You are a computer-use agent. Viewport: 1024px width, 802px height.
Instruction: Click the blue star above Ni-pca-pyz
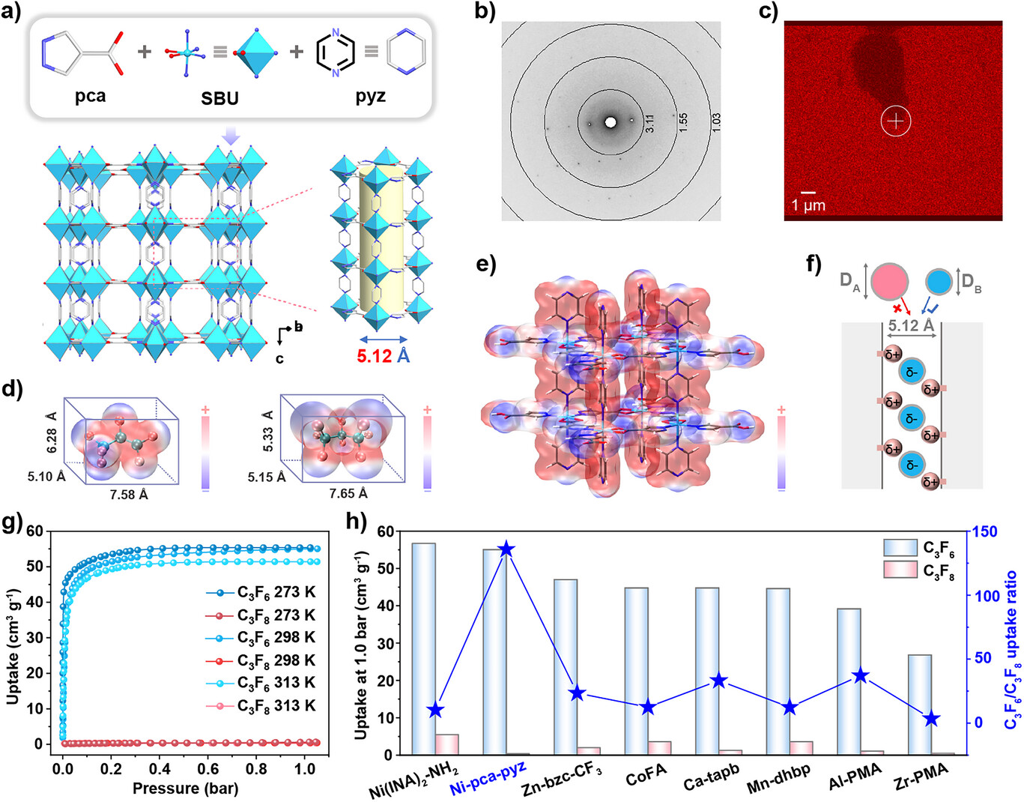pyautogui.click(x=506, y=549)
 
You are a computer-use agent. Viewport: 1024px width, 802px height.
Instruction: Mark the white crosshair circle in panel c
pyautogui.click(x=897, y=121)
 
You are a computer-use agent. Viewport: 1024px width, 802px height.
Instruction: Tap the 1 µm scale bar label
pyautogui.click(x=808, y=205)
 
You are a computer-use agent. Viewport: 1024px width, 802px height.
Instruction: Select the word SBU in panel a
pyautogui.click(x=219, y=98)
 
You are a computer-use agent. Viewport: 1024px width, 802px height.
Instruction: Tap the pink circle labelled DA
pyautogui.click(x=889, y=281)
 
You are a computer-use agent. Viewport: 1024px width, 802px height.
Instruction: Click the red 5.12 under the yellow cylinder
pyautogui.click(x=374, y=355)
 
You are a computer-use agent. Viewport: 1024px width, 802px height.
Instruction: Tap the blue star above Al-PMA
pyautogui.click(x=861, y=676)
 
